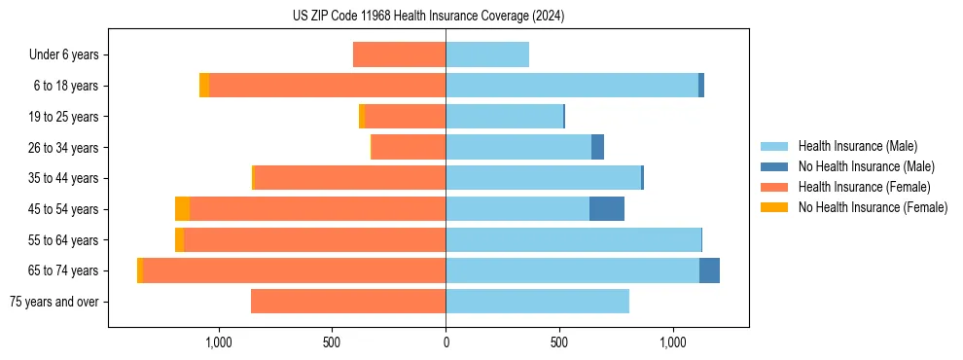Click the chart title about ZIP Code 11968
point(428,17)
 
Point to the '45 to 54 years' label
point(63,209)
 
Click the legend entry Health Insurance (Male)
point(857,146)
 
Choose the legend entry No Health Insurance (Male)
point(866,166)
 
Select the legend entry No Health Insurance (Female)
point(873,207)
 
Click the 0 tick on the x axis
point(446,342)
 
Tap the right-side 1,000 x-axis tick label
point(673,342)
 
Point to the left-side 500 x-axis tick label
point(332,342)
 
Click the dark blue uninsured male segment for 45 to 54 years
point(606,209)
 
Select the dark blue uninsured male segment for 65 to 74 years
point(709,270)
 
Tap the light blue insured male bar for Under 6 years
point(487,54)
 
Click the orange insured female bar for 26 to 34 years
point(409,147)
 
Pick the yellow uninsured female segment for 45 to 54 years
point(182,209)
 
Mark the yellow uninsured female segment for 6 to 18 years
point(204,86)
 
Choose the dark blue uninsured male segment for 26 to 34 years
point(597,147)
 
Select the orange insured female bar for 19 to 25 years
point(405,117)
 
